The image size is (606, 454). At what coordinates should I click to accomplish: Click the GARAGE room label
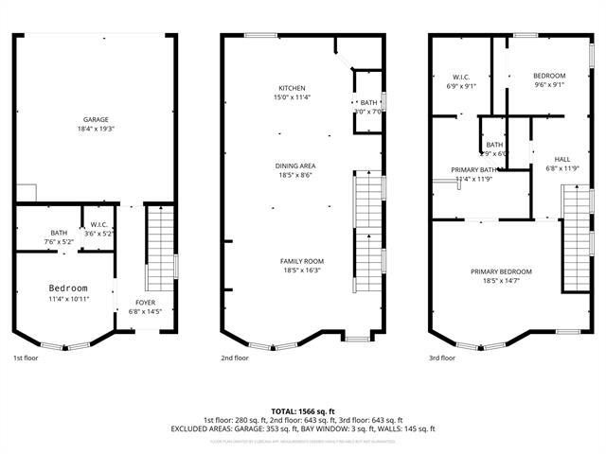tap(95, 120)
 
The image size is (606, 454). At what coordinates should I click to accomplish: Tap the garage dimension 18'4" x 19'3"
tap(95, 129)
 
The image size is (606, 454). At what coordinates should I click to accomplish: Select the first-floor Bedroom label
tap(68, 288)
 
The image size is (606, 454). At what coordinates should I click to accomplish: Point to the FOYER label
tap(145, 303)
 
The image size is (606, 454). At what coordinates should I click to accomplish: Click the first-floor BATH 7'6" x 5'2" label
tap(59, 234)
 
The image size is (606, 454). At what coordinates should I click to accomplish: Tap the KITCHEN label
tap(292, 88)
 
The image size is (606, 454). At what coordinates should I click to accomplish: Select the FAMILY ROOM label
tap(301, 261)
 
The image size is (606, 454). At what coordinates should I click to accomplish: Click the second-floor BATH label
tap(368, 103)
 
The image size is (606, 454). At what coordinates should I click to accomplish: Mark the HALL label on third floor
tap(562, 159)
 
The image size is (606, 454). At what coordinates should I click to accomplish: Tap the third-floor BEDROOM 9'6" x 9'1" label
tap(548, 76)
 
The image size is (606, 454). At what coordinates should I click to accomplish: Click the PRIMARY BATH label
tap(473, 170)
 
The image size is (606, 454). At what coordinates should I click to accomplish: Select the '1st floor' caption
tap(26, 358)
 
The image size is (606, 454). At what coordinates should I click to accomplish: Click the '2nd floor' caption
tap(234, 358)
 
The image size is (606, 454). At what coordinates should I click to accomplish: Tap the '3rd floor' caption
tap(442, 358)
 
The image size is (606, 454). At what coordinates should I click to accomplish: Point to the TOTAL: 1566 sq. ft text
tap(303, 411)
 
